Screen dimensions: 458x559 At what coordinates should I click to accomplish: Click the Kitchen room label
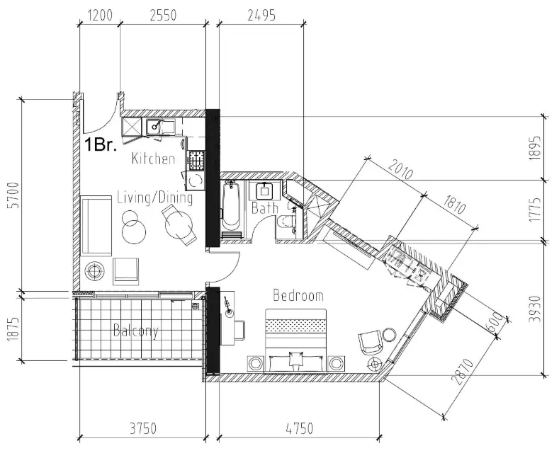click(x=153, y=159)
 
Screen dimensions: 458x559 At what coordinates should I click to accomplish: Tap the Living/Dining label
click(x=154, y=198)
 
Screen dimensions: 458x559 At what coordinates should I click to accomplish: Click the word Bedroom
click(x=298, y=295)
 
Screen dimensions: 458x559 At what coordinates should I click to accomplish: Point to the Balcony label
click(x=135, y=331)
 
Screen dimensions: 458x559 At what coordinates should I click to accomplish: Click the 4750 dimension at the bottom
click(x=297, y=429)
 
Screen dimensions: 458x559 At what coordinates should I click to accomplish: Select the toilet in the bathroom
click(x=287, y=222)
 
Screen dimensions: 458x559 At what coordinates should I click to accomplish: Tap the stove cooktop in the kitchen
click(x=196, y=160)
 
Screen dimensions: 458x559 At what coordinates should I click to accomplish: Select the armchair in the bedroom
click(x=371, y=343)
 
